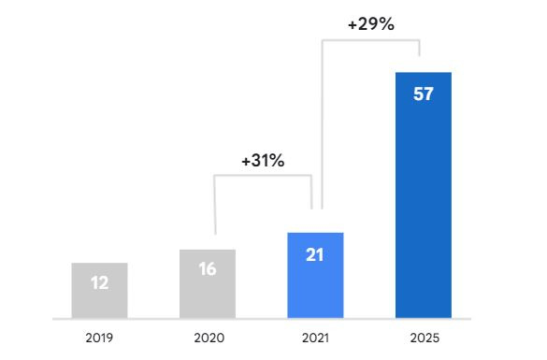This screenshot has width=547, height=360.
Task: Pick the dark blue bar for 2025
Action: (x=424, y=206)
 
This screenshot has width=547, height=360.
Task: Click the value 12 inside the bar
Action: (x=99, y=281)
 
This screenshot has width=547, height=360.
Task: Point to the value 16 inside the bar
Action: (x=208, y=269)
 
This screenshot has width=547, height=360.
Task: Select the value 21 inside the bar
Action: (x=315, y=253)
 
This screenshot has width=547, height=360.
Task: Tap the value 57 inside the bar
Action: (x=424, y=94)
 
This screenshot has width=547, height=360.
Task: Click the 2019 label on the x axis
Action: (x=99, y=336)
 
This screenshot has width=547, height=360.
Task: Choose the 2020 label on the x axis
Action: (x=208, y=336)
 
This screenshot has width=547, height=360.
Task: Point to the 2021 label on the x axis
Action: (x=315, y=336)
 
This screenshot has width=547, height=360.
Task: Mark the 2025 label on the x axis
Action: (x=424, y=336)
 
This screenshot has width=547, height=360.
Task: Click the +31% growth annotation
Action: (x=263, y=160)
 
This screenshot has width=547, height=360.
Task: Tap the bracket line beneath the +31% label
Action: (x=263, y=176)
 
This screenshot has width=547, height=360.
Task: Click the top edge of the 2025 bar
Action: (x=424, y=73)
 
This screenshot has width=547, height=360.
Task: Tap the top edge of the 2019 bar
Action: (x=99, y=264)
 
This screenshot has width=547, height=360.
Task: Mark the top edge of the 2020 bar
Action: (x=208, y=251)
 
